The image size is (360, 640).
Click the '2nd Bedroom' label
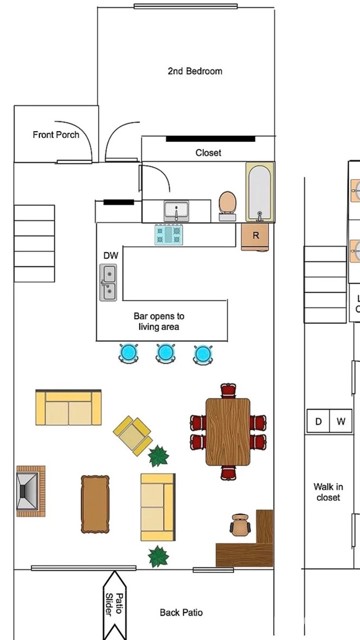(195, 71)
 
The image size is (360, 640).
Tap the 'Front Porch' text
(56, 134)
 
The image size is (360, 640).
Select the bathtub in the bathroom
(260, 192)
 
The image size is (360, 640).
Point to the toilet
(227, 206)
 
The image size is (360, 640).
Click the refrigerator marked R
(255, 237)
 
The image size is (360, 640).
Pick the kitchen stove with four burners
(169, 234)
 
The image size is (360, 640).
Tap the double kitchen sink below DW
(108, 282)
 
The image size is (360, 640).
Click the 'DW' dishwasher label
(111, 256)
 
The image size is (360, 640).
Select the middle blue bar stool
(165, 353)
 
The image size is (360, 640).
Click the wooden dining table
(228, 432)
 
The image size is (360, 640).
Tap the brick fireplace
(31, 491)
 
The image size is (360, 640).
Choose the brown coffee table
(95, 504)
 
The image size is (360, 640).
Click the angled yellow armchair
(133, 435)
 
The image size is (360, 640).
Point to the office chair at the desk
(240, 525)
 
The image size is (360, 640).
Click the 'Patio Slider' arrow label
(115, 605)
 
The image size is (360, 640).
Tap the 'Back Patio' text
(181, 612)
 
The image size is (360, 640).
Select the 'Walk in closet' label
(329, 492)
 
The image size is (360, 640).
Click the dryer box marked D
(318, 421)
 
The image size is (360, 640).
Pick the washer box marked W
(341, 421)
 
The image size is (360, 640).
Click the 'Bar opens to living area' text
(159, 321)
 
